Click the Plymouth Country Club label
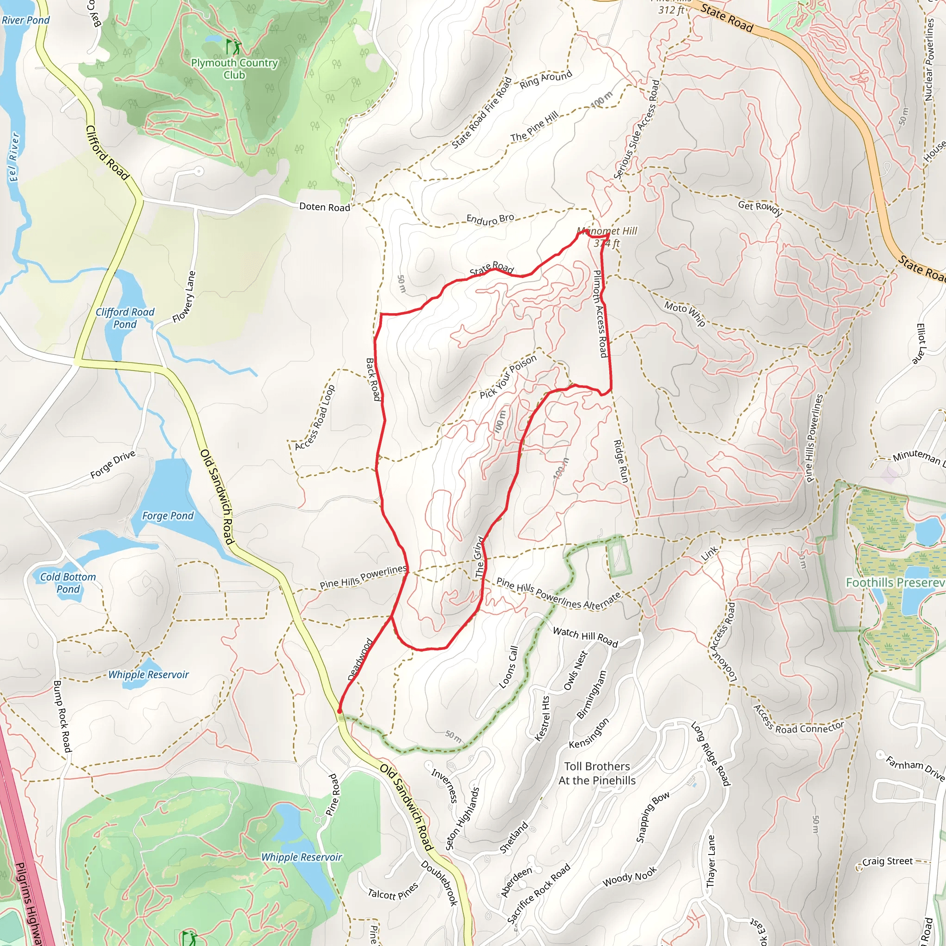(234, 68)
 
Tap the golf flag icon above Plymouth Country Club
(233, 47)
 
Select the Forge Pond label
(168, 515)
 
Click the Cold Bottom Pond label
(67, 582)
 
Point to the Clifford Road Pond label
(125, 318)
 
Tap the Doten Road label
(324, 206)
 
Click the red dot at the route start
(340, 711)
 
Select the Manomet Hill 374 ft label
(606, 236)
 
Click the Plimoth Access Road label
(600, 313)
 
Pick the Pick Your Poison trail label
(508, 376)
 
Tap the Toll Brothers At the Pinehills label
(596, 773)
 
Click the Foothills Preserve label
(895, 582)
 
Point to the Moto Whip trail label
(685, 313)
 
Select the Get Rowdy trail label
(759, 208)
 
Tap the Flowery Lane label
(184, 297)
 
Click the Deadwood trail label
(360, 659)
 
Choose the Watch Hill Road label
(585, 637)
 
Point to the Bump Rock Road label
(62, 716)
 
